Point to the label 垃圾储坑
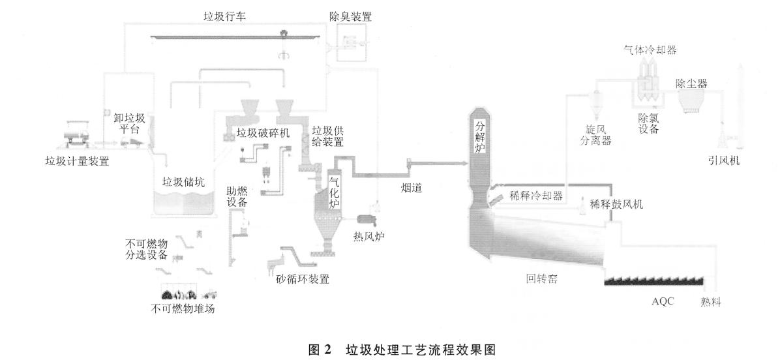tap(183, 183)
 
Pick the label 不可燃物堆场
tap(183, 308)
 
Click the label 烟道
tap(411, 188)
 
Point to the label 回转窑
tap(541, 279)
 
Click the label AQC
tap(662, 301)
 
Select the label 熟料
tap(712, 301)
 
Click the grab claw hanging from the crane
tap(282, 56)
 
